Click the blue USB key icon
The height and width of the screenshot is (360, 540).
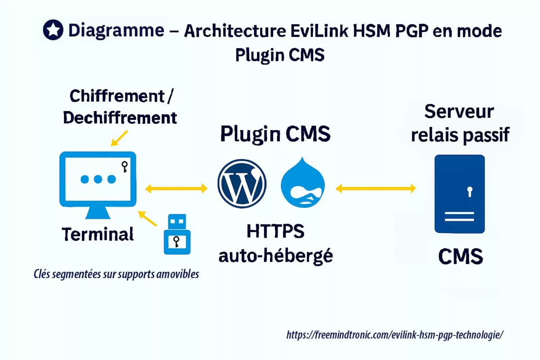pos(177,234)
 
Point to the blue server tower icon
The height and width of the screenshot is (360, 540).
pos(459,193)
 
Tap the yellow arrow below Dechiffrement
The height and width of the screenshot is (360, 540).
pos(119,138)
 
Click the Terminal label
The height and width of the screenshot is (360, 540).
pos(98,234)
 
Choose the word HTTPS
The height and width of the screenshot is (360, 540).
pos(275,231)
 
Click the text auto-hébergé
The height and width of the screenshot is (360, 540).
pos(275,255)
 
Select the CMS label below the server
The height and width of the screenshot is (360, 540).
pos(460,257)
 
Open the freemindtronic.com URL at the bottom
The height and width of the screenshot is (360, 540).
pos(395,335)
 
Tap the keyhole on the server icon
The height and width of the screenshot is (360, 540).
pos(470,192)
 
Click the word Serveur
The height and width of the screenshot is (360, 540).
pos(459,111)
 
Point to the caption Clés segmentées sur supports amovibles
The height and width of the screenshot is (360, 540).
pos(116,274)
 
